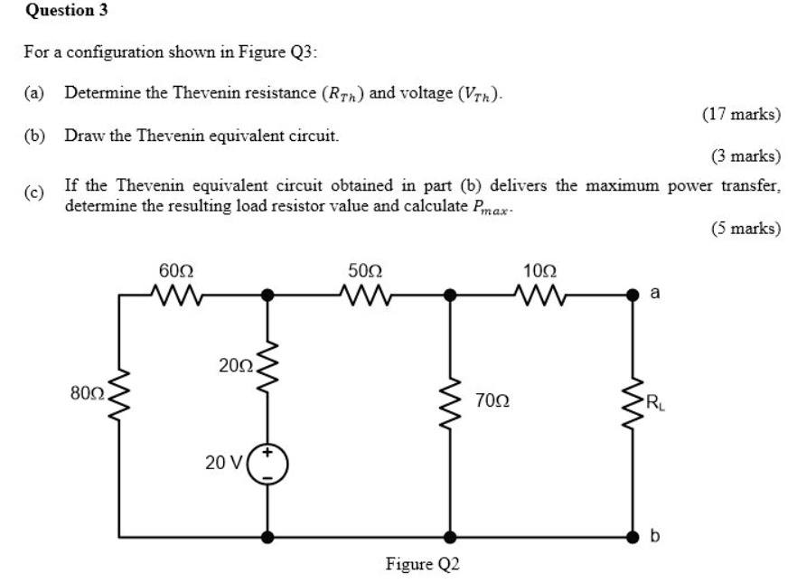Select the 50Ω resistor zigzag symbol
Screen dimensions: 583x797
(364, 294)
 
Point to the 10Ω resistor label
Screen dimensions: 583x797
(539, 270)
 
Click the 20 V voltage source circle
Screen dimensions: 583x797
(267, 463)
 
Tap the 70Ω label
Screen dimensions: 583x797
(492, 400)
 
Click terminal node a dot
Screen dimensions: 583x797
(633, 294)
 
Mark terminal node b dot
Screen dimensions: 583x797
(633, 536)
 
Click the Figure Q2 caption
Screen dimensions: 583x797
(423, 565)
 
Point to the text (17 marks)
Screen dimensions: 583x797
(741, 114)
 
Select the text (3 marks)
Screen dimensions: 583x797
(745, 156)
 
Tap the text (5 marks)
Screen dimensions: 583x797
(745, 228)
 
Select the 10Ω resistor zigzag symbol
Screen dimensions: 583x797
(539, 294)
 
